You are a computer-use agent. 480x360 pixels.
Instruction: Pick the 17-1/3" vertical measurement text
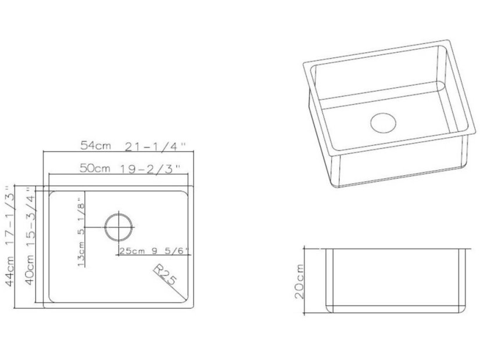coord(8,215)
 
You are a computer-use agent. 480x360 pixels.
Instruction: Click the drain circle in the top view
coord(119,227)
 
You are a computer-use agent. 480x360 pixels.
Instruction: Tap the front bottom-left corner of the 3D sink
coord(339,186)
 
